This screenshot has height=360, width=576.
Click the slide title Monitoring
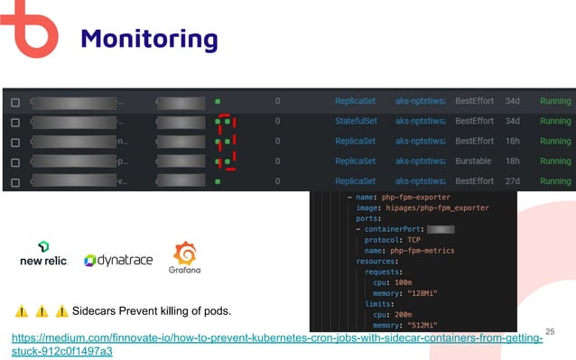149,39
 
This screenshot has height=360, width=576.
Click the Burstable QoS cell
474,161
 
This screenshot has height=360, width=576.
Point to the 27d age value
513,180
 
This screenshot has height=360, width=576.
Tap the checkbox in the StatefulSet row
14,121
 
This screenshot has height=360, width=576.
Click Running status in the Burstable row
554,161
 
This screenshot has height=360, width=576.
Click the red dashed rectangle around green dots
228,141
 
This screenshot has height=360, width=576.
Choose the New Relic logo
43,254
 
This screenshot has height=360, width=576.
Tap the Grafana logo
184,257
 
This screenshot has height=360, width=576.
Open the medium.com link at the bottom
277,343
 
